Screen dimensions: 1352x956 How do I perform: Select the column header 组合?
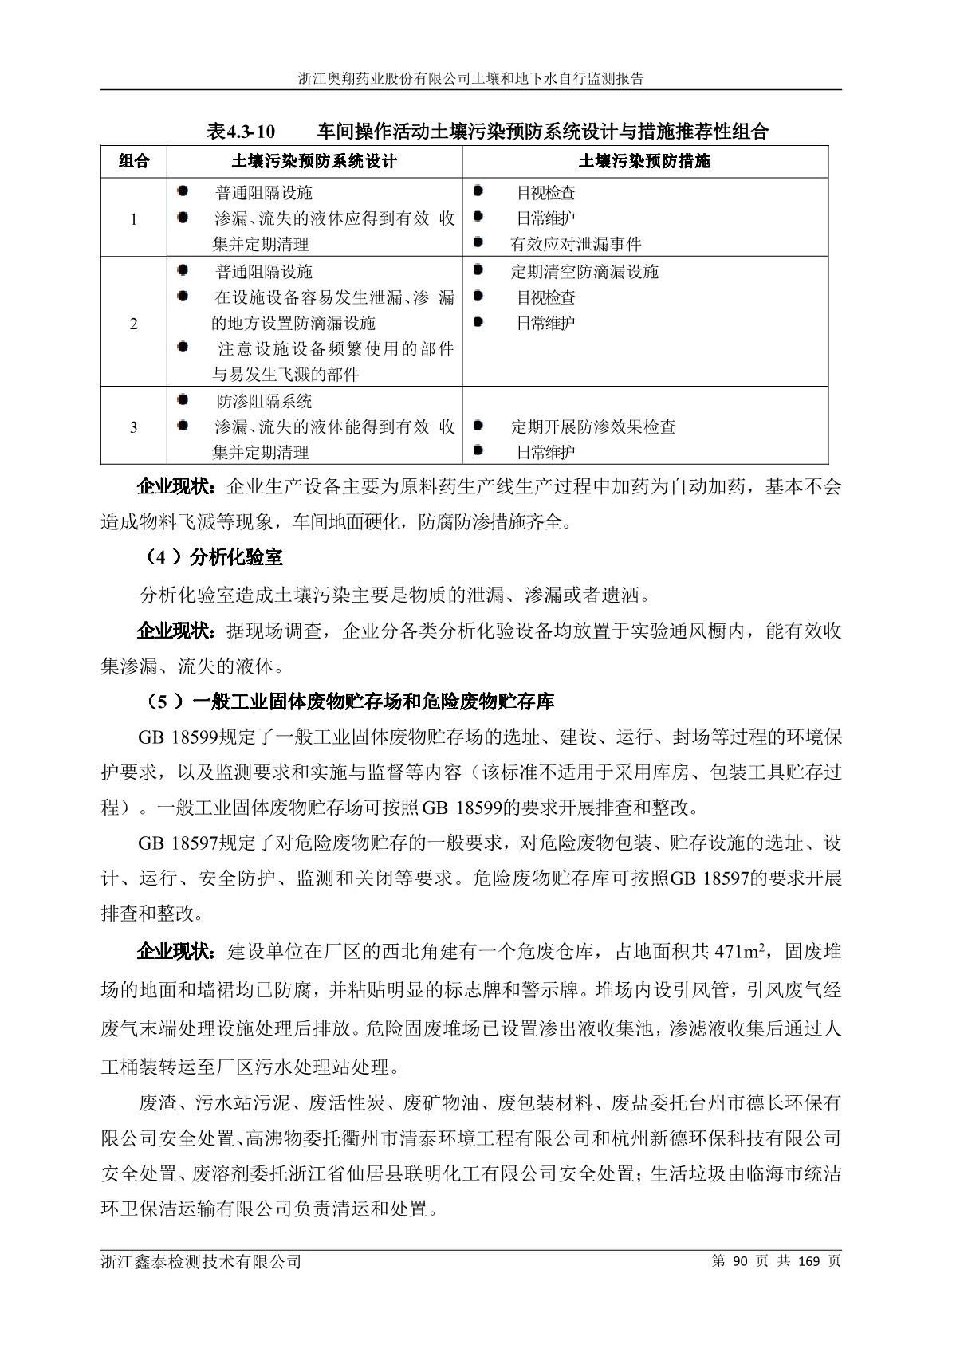click(134, 161)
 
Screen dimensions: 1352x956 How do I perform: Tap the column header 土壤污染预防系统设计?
click(314, 161)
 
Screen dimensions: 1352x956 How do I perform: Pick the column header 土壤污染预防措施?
click(644, 161)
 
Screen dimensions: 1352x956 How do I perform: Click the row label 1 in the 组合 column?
click(133, 219)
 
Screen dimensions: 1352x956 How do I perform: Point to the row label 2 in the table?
click(133, 324)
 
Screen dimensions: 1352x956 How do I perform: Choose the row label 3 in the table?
click(133, 427)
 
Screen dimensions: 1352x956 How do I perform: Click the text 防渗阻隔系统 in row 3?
click(264, 401)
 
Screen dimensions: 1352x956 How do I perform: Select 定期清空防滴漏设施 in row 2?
click(584, 272)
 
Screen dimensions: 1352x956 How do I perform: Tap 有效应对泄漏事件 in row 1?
click(576, 244)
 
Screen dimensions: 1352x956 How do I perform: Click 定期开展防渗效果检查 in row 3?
click(593, 426)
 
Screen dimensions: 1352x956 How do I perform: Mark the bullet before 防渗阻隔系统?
click(183, 399)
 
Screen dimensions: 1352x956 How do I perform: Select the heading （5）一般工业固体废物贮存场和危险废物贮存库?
click(351, 702)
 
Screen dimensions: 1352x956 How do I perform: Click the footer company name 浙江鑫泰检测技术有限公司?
click(201, 1262)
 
